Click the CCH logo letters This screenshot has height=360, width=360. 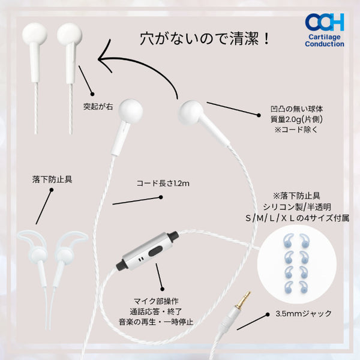(x=325, y=22)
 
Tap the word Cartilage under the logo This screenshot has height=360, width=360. (x=325, y=37)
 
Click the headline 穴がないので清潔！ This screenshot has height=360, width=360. (x=205, y=39)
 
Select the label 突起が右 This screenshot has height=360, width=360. (x=98, y=107)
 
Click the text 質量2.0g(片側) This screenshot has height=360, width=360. (x=296, y=119)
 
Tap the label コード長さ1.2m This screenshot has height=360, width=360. (x=163, y=183)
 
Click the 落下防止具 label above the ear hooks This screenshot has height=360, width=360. (x=52, y=179)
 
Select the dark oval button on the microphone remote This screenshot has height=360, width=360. (x=155, y=251)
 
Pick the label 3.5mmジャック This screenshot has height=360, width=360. (x=304, y=313)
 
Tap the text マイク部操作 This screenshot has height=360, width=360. (x=156, y=301)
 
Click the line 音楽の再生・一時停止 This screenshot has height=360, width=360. (x=156, y=322)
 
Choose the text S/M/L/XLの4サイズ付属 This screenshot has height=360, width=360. (x=298, y=218)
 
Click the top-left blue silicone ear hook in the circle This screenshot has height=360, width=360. (x=289, y=240)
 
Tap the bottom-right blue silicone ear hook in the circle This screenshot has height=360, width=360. (x=304, y=287)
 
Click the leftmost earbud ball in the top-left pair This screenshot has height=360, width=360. (x=34, y=34)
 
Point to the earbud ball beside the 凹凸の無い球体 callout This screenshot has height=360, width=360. (x=191, y=112)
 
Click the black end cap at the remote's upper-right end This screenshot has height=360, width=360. (x=173, y=236)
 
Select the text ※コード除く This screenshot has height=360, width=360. (x=296, y=130)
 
